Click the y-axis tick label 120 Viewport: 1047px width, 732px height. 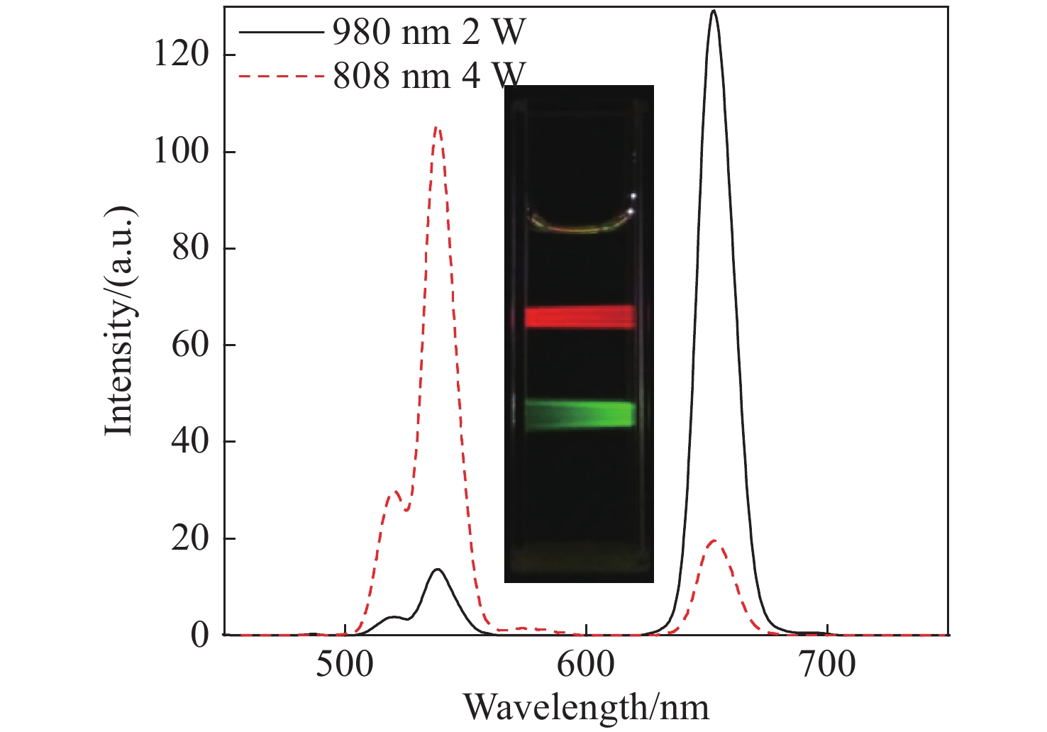182,55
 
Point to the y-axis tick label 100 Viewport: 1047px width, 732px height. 182,151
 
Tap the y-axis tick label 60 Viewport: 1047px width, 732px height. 191,345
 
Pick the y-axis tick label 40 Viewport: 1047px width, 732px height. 191,441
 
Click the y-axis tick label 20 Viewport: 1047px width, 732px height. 191,538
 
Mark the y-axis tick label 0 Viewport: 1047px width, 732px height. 201,635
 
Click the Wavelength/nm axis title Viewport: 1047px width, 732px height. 586,707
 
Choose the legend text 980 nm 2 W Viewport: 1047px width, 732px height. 429,32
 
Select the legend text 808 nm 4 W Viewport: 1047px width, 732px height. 429,76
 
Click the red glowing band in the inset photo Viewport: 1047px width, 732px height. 580,317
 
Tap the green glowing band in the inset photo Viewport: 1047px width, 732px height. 580,414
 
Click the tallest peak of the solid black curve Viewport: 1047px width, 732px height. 713,11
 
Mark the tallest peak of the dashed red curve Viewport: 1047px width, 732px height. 438,128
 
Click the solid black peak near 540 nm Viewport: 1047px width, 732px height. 438,570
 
